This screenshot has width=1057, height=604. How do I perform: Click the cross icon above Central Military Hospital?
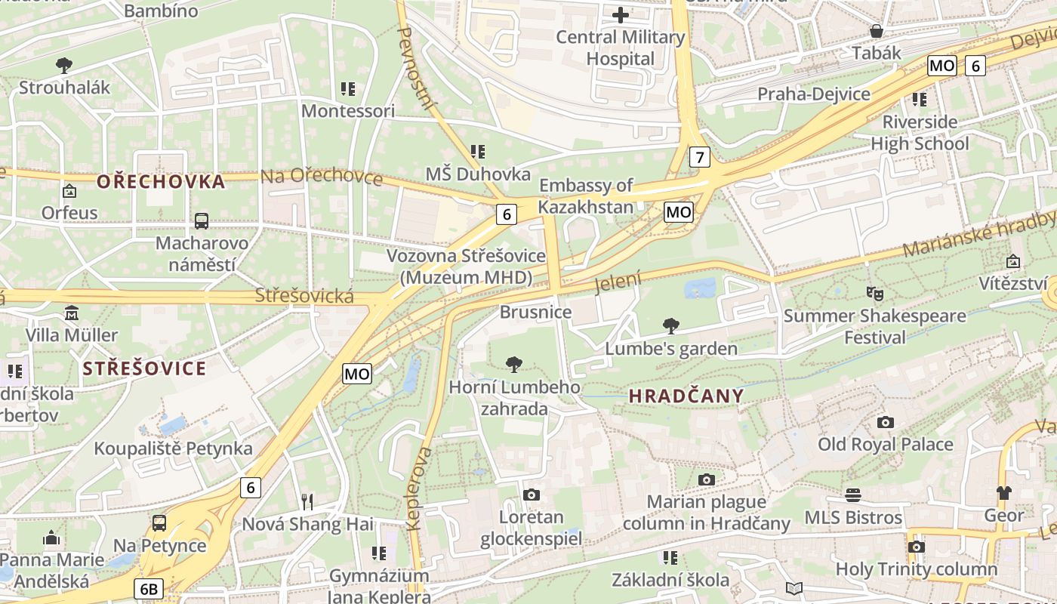621,15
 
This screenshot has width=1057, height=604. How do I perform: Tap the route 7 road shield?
700,157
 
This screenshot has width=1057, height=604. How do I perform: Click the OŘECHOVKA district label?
161,181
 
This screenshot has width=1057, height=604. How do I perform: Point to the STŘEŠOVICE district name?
144,368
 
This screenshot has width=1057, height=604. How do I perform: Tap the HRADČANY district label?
686,396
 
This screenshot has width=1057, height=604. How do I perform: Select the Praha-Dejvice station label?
813,94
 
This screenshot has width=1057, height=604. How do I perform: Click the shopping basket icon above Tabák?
877,31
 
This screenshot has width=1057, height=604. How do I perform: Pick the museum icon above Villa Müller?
72,313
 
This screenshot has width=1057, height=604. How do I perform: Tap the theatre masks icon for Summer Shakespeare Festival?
874,292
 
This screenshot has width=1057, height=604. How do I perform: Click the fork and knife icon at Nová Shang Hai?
307,502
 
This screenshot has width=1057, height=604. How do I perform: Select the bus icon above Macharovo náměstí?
201,221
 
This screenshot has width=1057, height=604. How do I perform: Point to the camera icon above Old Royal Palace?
885,422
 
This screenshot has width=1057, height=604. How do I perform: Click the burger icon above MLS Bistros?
853,495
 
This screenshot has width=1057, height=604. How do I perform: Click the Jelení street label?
618,282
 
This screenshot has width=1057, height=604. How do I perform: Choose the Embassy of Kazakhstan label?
586,196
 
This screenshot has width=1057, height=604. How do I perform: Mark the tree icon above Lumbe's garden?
670,326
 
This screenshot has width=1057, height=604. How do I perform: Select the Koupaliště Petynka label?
173,448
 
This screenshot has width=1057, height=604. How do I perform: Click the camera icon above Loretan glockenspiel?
532,495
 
